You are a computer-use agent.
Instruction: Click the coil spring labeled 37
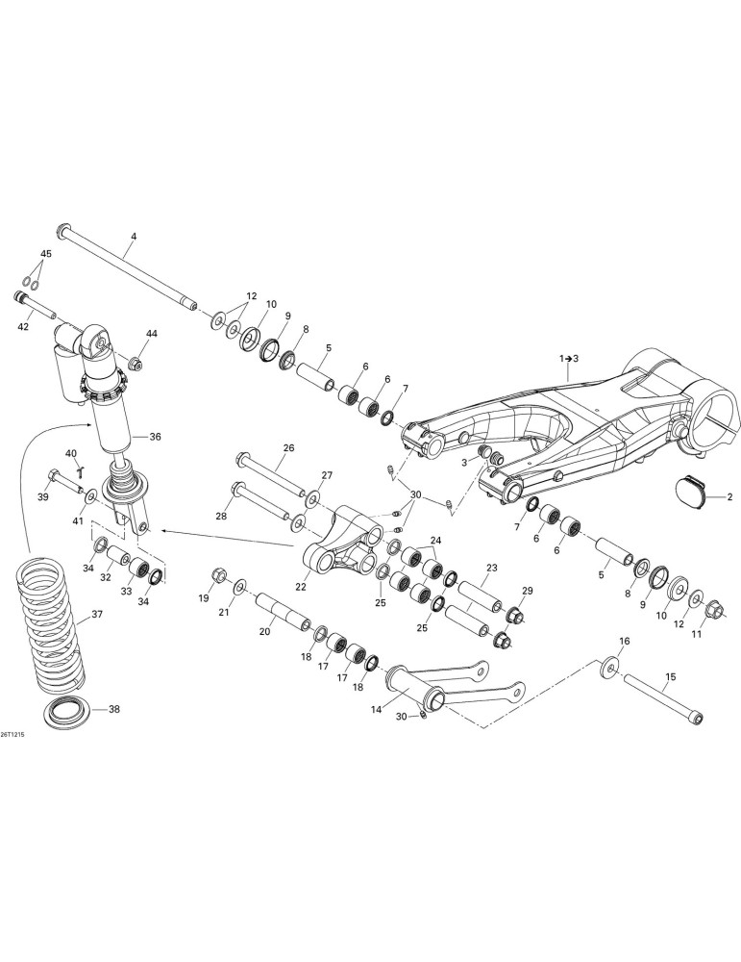(50, 620)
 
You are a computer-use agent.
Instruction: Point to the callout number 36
(155, 437)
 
